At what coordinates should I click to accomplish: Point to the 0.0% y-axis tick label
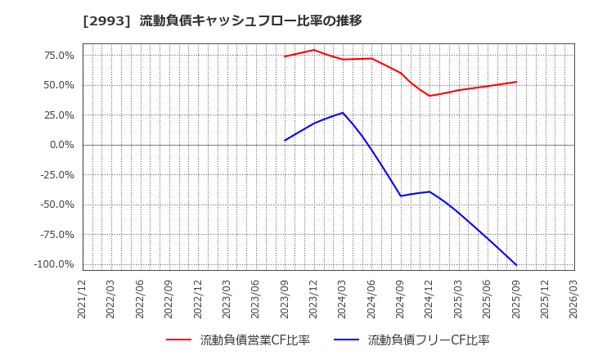click(x=61, y=145)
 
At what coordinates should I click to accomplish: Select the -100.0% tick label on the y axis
click(x=54, y=264)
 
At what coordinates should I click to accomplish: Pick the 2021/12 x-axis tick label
click(x=83, y=299)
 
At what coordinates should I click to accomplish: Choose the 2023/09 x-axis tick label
click(x=285, y=299)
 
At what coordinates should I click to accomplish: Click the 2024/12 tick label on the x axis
click(x=429, y=299)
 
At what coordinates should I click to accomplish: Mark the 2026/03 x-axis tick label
click(x=574, y=299)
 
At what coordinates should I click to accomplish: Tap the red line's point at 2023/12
click(x=313, y=50)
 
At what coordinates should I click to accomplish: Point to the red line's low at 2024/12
click(x=429, y=96)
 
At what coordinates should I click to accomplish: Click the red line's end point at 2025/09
click(x=516, y=82)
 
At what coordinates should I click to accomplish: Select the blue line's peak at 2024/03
click(x=343, y=113)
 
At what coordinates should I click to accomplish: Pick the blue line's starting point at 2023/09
click(x=285, y=141)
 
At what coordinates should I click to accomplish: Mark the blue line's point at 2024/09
click(x=401, y=196)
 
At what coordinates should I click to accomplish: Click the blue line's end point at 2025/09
click(x=516, y=265)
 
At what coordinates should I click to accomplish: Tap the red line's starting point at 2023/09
click(x=285, y=56)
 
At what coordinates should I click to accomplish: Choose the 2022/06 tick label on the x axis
click(x=141, y=299)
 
